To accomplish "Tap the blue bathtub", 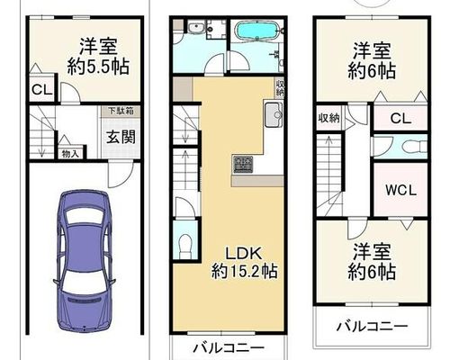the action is click(257, 31).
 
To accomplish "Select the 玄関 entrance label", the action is click(121, 137).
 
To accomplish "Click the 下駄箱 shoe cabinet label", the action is click(121, 111).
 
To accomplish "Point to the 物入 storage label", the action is click(70, 154).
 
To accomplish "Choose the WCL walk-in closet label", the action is click(400, 190).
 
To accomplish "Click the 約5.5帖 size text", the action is click(98, 67).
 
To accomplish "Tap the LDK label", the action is click(244, 254).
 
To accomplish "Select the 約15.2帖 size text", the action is click(244, 271).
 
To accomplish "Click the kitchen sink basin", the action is click(274, 115).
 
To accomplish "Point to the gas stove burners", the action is click(243, 165).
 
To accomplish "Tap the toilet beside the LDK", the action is click(185, 246).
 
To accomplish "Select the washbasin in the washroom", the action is click(196, 28).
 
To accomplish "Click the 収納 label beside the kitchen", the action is click(279, 87).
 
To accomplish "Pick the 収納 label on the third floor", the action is click(329, 119).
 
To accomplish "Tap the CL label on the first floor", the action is click(42, 90).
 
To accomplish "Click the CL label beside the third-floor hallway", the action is click(400, 119).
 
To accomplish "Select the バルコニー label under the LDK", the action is click(229, 348).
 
